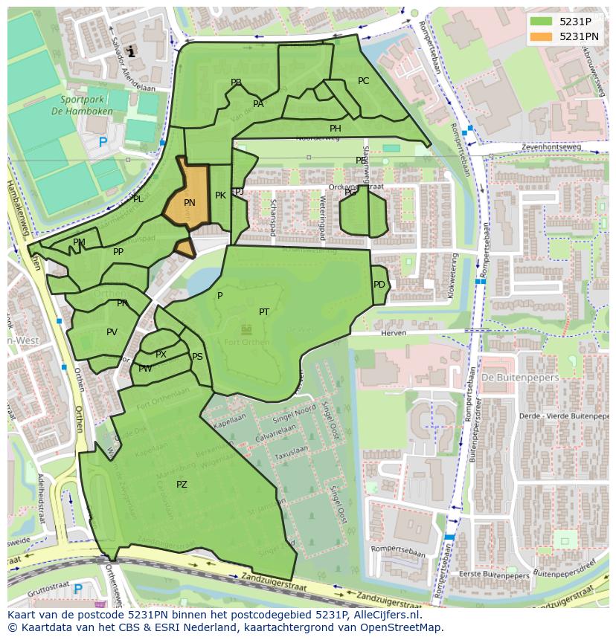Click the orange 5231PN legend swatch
point(542,36)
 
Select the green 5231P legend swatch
point(542,22)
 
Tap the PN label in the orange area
point(190,203)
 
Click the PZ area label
point(182,485)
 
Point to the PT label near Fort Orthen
point(264,312)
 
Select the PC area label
point(363,81)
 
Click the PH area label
point(336,129)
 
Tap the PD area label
point(379,285)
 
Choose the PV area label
point(112,332)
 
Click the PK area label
point(220,195)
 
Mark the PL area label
point(138,199)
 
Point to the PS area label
point(197,357)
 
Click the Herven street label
point(394,334)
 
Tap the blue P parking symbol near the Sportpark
point(103,142)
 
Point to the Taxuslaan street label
point(291,450)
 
